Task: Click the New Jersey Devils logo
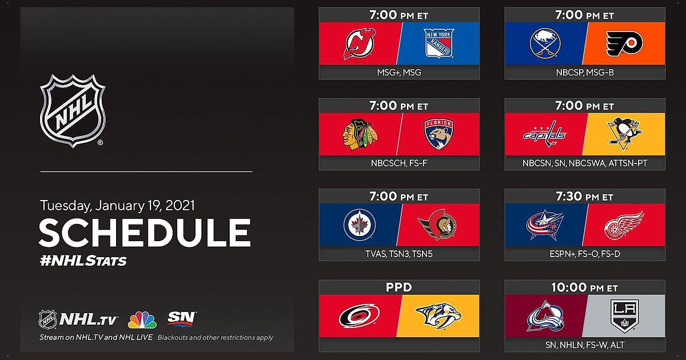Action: click(360, 43)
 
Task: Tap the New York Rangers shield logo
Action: click(438, 43)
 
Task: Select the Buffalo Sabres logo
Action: click(545, 43)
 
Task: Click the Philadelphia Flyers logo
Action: click(624, 43)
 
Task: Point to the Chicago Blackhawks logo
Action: click(360, 134)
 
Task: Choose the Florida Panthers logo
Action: click(439, 134)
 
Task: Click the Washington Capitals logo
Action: click(545, 134)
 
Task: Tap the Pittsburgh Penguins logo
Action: click(624, 134)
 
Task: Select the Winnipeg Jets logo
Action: click(360, 225)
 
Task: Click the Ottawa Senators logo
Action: click(437, 225)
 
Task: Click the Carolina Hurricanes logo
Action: click(360, 315)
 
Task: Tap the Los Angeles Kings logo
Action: click(624, 316)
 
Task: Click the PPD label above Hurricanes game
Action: click(399, 287)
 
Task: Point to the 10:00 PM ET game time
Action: click(584, 287)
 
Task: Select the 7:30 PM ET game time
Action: click(584, 197)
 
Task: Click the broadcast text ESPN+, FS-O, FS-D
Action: click(585, 254)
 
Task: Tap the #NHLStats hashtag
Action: click(83, 261)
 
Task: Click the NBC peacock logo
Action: click(142, 320)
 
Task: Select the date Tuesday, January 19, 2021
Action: click(117, 205)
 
